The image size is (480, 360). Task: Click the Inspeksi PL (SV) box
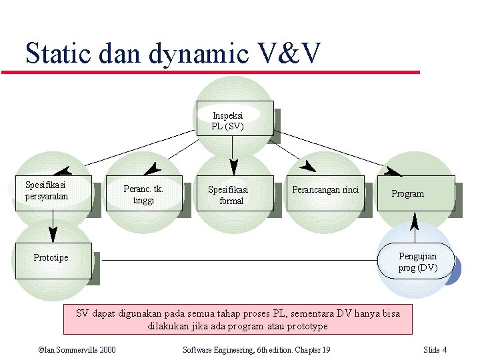click(235, 118)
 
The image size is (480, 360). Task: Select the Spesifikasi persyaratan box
click(53, 193)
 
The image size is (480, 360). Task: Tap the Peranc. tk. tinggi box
click(143, 194)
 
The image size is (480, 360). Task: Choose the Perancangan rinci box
click(325, 193)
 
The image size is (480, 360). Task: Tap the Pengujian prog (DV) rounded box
click(416, 261)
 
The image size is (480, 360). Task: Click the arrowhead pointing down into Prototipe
click(53, 234)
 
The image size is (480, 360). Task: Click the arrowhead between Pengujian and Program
click(415, 220)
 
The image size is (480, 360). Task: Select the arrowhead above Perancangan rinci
click(307, 166)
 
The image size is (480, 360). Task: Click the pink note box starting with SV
click(237, 319)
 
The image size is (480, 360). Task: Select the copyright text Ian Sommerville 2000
click(77, 350)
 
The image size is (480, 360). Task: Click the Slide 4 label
click(435, 350)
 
